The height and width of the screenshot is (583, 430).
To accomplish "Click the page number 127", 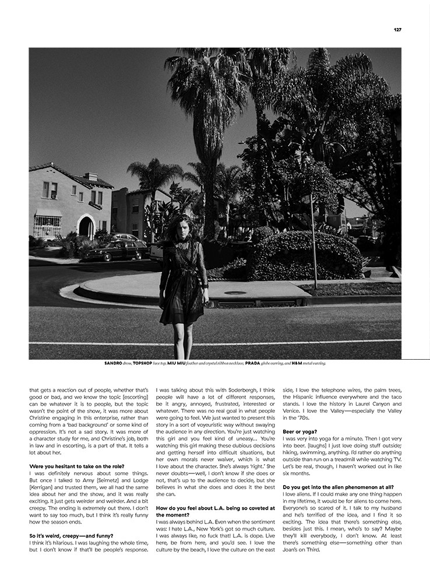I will click(x=397, y=30).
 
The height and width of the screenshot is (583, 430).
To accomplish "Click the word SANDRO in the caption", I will click(x=114, y=363).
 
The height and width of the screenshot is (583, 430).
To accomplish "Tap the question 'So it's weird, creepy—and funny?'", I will click(x=71, y=535).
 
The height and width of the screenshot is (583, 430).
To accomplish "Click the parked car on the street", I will click(x=116, y=250).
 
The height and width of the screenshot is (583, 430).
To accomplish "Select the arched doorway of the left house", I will click(x=86, y=227).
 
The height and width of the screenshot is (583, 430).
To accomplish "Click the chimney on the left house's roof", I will click(x=90, y=177).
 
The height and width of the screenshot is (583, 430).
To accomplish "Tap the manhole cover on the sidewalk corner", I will click(x=235, y=293).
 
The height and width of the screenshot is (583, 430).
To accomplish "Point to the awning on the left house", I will click(x=48, y=213).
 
